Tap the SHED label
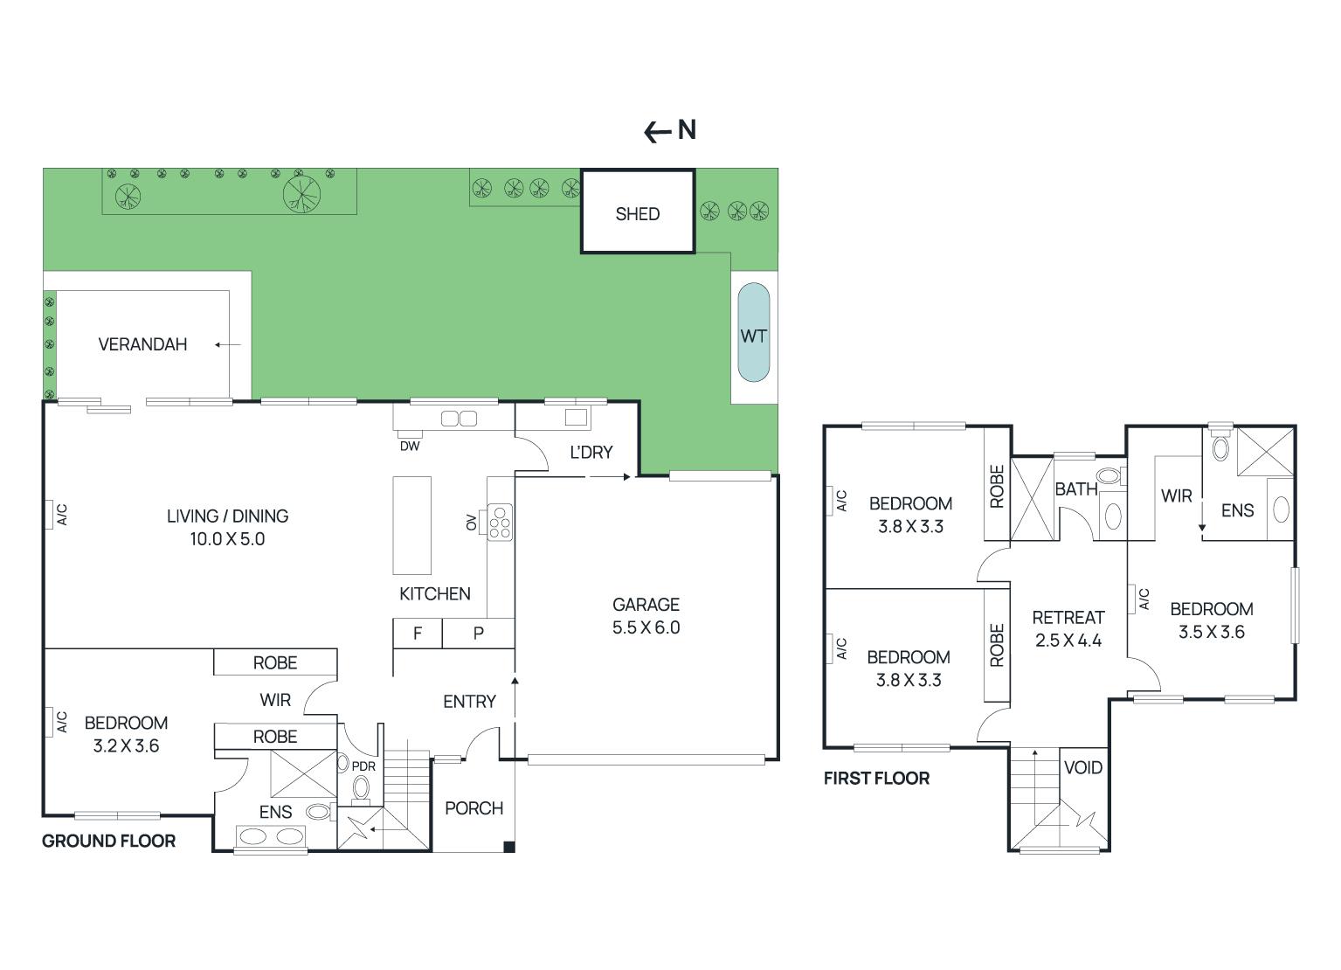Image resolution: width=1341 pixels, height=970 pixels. click(x=637, y=214)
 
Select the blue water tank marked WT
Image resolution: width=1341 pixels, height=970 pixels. click(x=753, y=333)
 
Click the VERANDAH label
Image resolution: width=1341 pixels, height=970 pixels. click(x=142, y=344)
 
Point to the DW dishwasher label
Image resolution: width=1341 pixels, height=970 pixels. click(x=410, y=447)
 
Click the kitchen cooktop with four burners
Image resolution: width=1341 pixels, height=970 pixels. click(x=500, y=522)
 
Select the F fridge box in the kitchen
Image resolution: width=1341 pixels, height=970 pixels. click(x=418, y=634)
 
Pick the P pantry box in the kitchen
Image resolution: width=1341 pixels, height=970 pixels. click(x=478, y=634)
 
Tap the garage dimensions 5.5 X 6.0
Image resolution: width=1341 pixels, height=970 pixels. click(x=646, y=627)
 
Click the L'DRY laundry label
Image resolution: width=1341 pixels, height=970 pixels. click(x=591, y=453)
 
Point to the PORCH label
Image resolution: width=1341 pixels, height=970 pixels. click(x=473, y=808)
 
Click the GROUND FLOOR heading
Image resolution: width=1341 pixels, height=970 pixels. click(x=108, y=841)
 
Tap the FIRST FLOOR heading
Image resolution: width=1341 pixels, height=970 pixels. click(x=876, y=778)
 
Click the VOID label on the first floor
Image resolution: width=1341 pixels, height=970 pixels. click(x=1082, y=768)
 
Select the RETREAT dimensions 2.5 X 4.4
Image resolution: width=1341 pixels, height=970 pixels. click(x=1068, y=641)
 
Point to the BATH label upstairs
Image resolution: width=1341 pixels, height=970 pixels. click(x=1075, y=489)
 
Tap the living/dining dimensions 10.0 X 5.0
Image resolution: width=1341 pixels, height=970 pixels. click(x=227, y=539)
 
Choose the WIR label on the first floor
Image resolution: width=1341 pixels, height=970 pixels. click(x=1176, y=496)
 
